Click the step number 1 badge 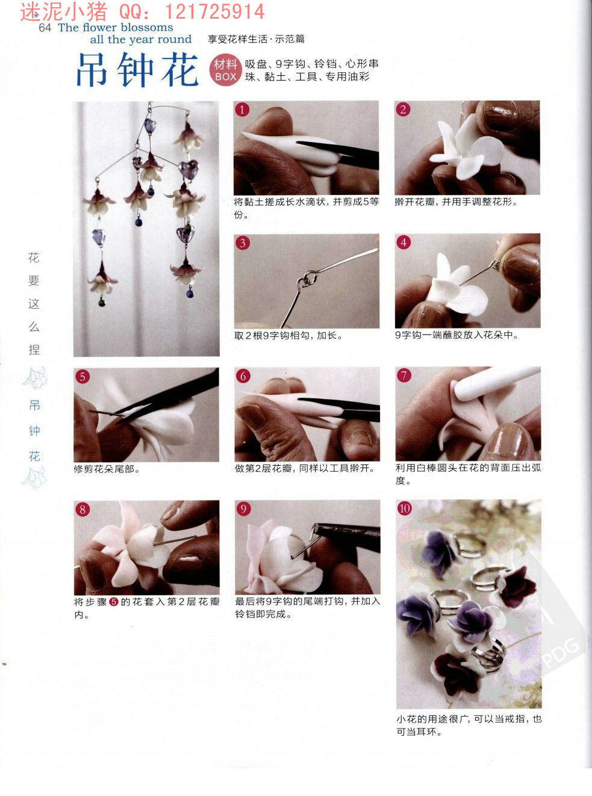pos(242,110)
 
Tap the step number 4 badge pos(403,242)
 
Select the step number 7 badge pos(403,376)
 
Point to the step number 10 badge pos(405,508)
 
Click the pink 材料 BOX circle pos(225,70)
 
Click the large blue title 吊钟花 pos(137,70)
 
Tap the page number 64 pos(45,28)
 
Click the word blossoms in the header pos(147,27)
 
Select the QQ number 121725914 pos(214,11)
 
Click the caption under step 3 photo pos(288,336)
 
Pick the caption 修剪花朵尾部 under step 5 pos(107,469)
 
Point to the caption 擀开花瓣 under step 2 pos(456,202)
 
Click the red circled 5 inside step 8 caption pos(113,602)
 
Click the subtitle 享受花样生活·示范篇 pos(256,39)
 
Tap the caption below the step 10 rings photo pos(469,725)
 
